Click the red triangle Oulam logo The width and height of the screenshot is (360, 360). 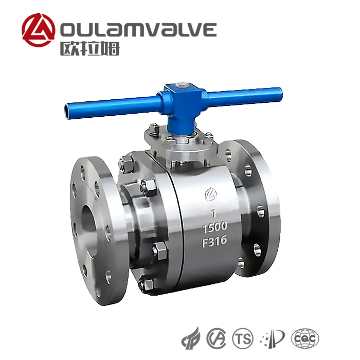tap(39, 30)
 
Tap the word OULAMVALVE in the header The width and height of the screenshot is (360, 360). tap(138, 29)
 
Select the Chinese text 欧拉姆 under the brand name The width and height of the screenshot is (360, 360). tap(90, 48)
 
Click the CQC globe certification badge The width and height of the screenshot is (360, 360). tap(305, 338)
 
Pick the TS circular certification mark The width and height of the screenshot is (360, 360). tap(243, 338)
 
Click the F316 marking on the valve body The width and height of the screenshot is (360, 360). tap(214, 241)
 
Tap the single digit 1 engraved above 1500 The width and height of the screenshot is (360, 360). tap(214, 213)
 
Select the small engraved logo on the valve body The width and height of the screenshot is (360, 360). tap(211, 194)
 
